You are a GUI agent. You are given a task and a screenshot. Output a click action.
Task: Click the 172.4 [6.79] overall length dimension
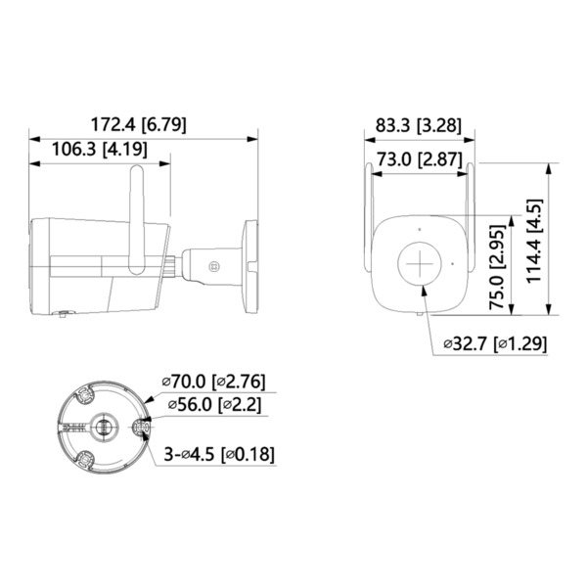[139, 124]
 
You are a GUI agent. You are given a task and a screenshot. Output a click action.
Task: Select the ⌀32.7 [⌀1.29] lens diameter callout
[494, 343]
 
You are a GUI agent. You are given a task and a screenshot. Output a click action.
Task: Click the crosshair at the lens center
[421, 264]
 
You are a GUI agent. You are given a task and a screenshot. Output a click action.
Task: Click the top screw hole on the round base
[84, 392]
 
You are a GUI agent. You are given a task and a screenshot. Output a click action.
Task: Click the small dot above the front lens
[421, 231]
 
